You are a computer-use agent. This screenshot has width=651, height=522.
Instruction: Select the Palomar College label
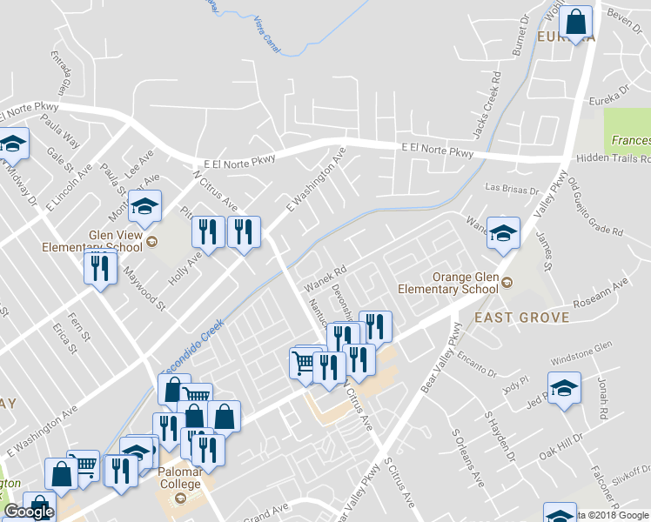[x=180, y=484]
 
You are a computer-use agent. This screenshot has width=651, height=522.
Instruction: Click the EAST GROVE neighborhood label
[x=522, y=318]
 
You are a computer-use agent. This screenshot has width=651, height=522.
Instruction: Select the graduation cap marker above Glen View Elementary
[x=144, y=205]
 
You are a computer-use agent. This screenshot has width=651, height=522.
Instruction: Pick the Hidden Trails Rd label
[x=614, y=159]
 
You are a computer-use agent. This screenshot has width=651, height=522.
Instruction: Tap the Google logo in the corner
[x=29, y=512]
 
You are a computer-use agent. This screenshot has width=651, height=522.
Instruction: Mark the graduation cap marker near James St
[x=503, y=232]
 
